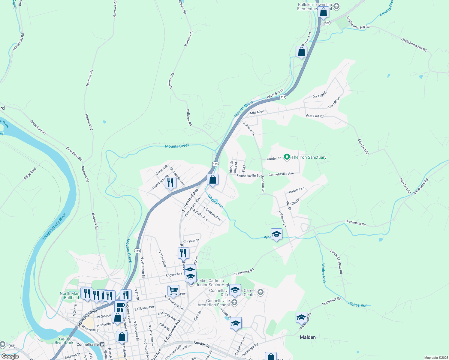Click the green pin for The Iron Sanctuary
coord(287,157)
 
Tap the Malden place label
coord(308,337)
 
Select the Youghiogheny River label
coord(54,227)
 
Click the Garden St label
coord(274,158)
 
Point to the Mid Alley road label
coord(257,112)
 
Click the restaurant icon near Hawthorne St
coord(170,183)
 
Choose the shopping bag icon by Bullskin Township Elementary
coord(323,13)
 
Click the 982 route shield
coord(327,23)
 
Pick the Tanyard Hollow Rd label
coord(336,261)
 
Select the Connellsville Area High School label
coord(213,303)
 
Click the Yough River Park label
coord(64,340)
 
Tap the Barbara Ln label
coord(297,190)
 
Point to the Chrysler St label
coord(191,241)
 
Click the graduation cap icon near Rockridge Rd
coord(301,318)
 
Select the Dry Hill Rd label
coord(319,95)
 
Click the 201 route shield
coord(12,346)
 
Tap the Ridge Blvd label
coord(30,174)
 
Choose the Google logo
coord(10,356)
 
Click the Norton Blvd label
coord(162,259)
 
